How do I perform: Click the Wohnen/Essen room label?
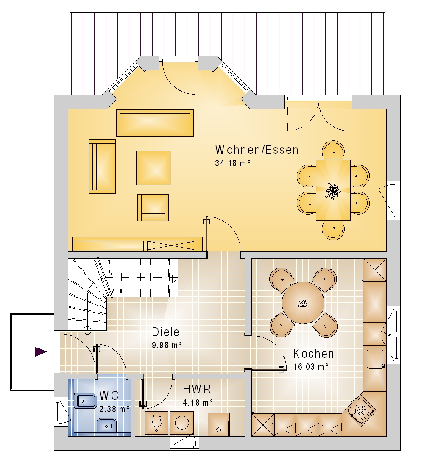click(257, 150)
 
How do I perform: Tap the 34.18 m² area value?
click(232, 163)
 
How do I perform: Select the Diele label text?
click(165, 332)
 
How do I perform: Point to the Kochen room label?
click(313, 354)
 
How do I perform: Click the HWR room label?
click(197, 389)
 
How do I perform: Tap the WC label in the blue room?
click(109, 396)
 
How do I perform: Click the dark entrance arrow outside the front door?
click(41, 352)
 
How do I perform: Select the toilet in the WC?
click(85, 401)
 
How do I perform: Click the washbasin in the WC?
click(106, 425)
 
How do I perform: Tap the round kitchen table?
click(303, 303)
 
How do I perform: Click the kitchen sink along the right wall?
click(375, 359)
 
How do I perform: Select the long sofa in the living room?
click(155, 123)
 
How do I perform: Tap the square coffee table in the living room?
click(153, 168)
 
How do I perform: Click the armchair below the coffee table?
click(153, 207)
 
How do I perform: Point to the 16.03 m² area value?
click(310, 367)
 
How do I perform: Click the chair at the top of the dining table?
click(333, 150)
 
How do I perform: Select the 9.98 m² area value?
click(167, 345)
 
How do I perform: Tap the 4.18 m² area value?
click(198, 402)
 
